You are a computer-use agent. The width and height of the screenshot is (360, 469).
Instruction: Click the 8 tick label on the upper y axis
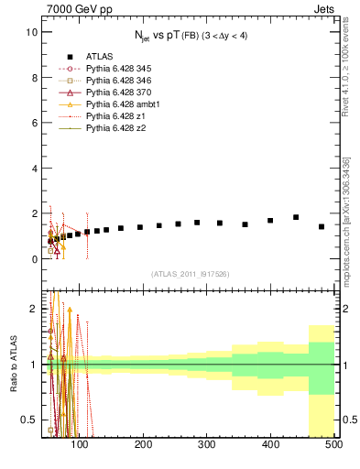coord(34,78)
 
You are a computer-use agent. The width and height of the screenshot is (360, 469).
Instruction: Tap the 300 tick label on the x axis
coord(206,444)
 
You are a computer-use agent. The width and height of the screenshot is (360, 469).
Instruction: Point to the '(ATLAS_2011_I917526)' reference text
coord(190,274)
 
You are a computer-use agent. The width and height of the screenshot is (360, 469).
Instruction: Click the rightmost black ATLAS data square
coord(322,226)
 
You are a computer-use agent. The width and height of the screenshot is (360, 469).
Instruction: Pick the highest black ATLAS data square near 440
coord(296,217)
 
